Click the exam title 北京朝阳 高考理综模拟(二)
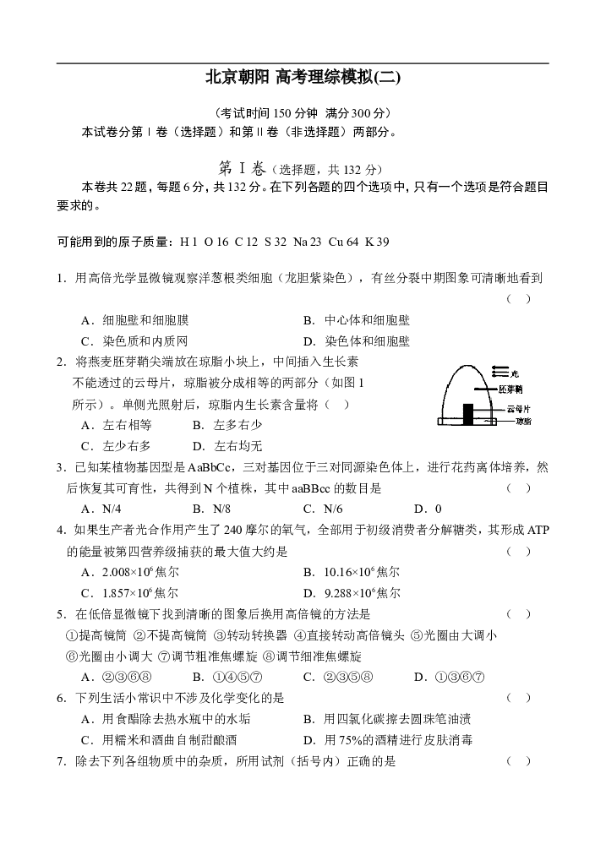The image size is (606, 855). (x=303, y=77)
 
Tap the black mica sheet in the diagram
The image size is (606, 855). (x=468, y=414)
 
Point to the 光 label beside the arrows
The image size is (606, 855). (x=515, y=373)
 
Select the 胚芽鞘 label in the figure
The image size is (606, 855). (x=510, y=389)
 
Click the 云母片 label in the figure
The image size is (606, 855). (x=519, y=409)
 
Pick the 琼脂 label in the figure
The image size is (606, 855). (x=524, y=421)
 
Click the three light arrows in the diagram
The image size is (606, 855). (x=500, y=372)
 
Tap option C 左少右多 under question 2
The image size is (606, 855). (x=116, y=446)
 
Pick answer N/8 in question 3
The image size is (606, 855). (x=211, y=509)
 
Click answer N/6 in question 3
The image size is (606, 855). (x=323, y=509)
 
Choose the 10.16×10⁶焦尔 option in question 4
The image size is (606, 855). (x=352, y=572)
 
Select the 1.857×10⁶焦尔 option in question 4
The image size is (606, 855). (x=130, y=593)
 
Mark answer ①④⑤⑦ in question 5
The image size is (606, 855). (x=227, y=678)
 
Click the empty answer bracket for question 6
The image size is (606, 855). (x=518, y=698)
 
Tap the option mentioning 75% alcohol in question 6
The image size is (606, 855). (x=388, y=740)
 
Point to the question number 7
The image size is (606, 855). (x=62, y=761)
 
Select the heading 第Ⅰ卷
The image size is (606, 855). (x=242, y=168)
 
